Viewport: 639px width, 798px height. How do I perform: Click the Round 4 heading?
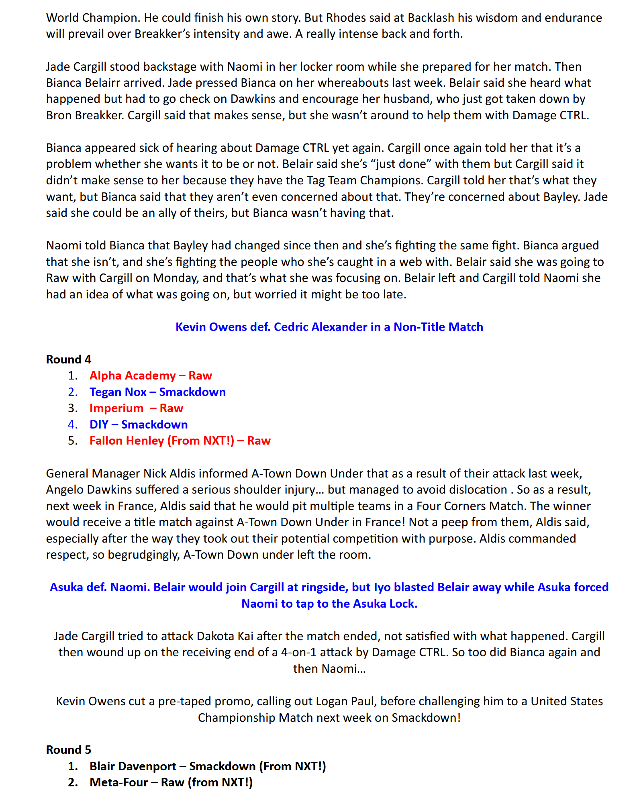(69, 359)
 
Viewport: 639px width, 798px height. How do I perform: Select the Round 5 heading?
(69, 749)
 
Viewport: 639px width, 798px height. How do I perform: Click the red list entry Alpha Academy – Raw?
(151, 376)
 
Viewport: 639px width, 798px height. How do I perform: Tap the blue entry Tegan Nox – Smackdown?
(157, 392)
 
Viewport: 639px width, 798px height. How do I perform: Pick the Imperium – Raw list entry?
(136, 408)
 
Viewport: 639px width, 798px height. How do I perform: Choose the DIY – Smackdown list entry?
(139, 425)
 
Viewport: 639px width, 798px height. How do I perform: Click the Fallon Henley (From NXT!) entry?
(180, 441)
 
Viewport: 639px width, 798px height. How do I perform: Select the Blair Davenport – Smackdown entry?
(208, 766)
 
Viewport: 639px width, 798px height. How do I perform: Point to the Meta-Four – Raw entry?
(171, 782)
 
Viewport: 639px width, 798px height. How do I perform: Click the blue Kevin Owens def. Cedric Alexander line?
(329, 327)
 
